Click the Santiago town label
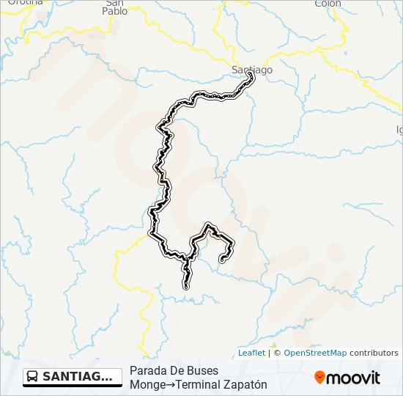coord(251,70)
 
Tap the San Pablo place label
coord(114,7)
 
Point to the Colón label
coord(328,4)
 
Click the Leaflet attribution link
coord(251,353)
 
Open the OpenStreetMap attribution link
coord(315,353)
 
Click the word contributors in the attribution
coord(374,353)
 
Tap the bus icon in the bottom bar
coord(33,377)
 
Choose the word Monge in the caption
coord(146,384)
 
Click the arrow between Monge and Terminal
coord(169,384)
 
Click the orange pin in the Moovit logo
coord(319,378)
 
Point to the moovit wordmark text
coord(353,378)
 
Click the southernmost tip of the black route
coord(186,287)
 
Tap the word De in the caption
coord(176,371)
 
